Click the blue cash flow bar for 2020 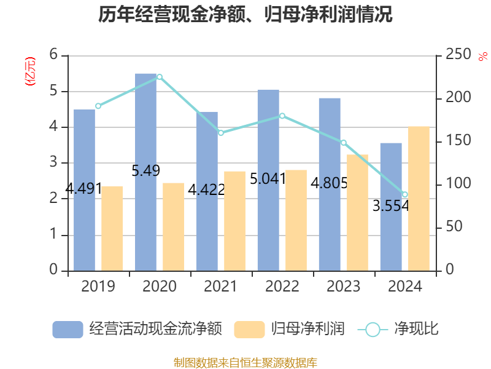146,172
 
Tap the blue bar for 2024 391,207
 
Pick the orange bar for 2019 112,228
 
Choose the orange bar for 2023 358,212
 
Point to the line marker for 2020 160,77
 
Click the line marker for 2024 405,195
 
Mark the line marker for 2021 221,133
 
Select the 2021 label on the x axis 221,287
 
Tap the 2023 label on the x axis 344,287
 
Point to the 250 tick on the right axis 458,55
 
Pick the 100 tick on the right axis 458,184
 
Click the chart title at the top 245,15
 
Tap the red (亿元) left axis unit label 29,71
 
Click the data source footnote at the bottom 245,362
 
